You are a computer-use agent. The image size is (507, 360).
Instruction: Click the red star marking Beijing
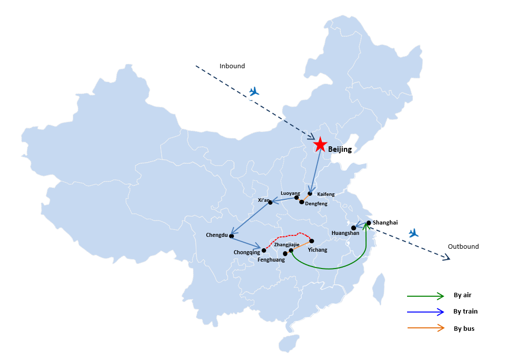click(320, 144)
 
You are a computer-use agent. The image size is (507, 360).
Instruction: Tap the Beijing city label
click(340, 149)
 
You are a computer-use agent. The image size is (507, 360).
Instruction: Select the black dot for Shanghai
click(369, 223)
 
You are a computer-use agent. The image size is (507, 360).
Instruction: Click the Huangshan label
click(345, 233)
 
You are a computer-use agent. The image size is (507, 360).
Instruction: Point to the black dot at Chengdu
click(231, 236)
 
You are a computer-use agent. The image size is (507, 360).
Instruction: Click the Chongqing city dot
click(264, 250)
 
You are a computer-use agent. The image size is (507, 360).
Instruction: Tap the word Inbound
click(232, 66)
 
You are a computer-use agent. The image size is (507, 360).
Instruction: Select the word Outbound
click(463, 247)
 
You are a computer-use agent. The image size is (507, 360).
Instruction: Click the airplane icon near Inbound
click(254, 91)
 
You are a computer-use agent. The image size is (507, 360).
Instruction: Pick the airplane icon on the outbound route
click(414, 233)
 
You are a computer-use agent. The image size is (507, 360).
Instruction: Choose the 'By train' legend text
click(465, 311)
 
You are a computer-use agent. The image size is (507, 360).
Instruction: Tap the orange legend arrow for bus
click(426, 328)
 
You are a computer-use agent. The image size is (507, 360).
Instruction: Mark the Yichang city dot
click(312, 241)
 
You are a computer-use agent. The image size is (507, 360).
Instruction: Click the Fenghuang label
click(271, 260)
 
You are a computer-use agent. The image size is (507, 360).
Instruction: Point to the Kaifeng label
click(326, 194)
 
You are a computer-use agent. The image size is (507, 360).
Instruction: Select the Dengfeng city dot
click(302, 202)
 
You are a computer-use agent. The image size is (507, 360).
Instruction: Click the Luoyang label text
click(290, 193)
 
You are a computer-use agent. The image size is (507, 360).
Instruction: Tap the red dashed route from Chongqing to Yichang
click(286, 235)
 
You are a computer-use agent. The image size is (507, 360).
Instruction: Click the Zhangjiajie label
click(287, 245)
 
